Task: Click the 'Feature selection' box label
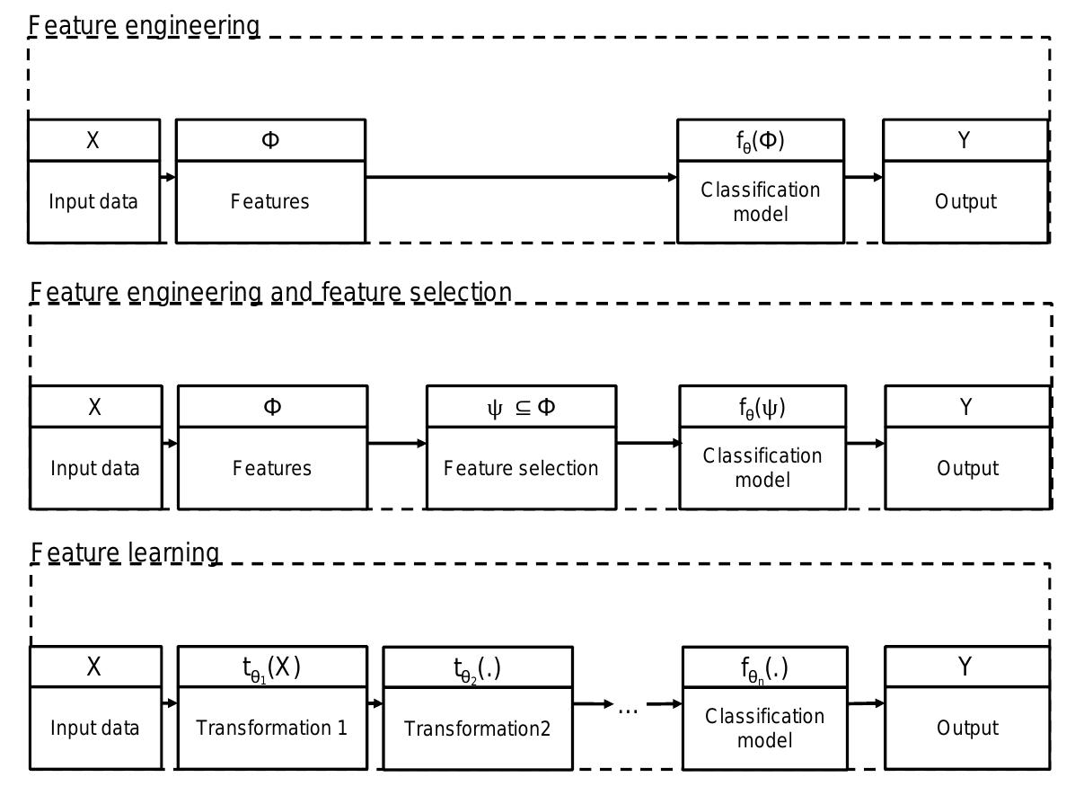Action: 521,468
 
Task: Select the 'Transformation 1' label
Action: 271,728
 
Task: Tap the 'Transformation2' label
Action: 477,729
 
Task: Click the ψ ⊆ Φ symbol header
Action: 521,407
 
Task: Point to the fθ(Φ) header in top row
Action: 760,141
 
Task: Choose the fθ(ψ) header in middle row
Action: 762,407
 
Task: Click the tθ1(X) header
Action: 271,667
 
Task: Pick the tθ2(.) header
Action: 477,669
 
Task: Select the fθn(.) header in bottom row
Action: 764,669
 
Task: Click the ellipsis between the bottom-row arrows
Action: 628,708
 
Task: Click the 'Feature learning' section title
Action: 125,552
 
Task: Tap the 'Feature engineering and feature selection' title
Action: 270,292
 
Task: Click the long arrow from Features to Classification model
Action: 521,178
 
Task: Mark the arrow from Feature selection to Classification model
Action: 648,443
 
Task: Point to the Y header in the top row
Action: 965,140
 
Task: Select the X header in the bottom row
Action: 94,667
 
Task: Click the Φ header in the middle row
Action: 272,407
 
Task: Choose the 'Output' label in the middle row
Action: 966,468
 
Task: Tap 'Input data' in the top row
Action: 93,201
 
